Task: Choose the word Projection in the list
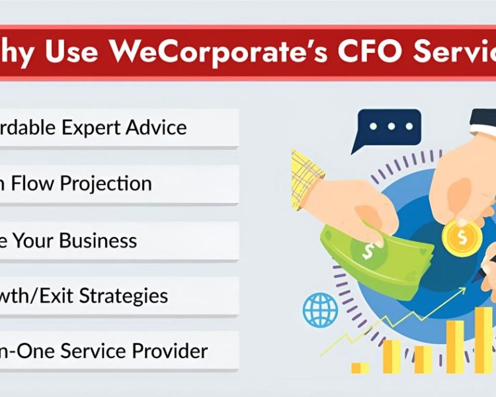click(x=106, y=183)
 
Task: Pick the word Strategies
click(x=124, y=295)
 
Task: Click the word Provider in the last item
click(x=171, y=351)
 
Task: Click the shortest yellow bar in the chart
click(x=360, y=367)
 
